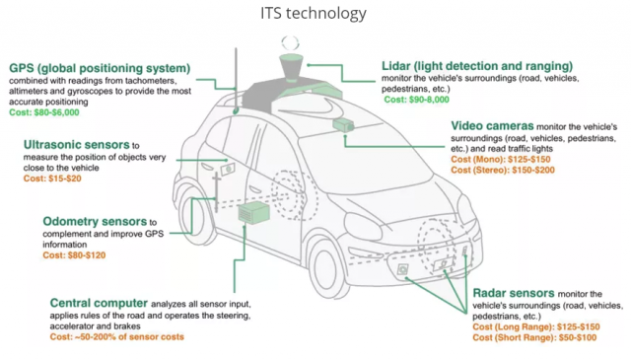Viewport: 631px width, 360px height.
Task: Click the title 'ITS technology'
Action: [x=314, y=13]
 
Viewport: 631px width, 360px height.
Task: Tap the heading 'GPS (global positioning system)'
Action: [x=100, y=68]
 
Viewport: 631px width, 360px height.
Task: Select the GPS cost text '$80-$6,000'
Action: [x=56, y=112]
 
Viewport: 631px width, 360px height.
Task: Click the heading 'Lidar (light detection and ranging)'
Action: [x=477, y=66]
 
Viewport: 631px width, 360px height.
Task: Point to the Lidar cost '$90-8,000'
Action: [x=429, y=100]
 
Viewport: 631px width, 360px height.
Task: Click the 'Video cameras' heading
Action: [x=492, y=126]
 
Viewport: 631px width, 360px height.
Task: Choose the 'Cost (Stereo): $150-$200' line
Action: [x=503, y=170]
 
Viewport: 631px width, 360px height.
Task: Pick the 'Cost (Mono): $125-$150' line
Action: [x=501, y=159]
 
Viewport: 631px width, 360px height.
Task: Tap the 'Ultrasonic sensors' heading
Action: [x=77, y=145]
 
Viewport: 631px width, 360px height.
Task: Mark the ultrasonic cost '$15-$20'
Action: [x=65, y=179]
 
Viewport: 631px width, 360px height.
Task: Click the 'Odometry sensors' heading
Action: [x=95, y=222]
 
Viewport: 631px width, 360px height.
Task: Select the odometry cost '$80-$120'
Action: [x=87, y=255]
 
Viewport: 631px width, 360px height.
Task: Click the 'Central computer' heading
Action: [x=99, y=303]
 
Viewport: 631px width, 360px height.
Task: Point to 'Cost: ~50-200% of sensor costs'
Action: [x=116, y=337]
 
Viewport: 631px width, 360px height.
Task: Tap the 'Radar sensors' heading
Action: [x=514, y=293]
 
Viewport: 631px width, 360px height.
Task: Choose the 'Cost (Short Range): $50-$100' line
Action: [x=534, y=337]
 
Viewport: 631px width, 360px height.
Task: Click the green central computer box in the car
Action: [x=253, y=213]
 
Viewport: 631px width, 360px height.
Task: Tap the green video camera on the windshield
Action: [x=343, y=125]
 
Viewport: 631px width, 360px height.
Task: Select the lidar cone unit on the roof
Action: [x=291, y=66]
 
